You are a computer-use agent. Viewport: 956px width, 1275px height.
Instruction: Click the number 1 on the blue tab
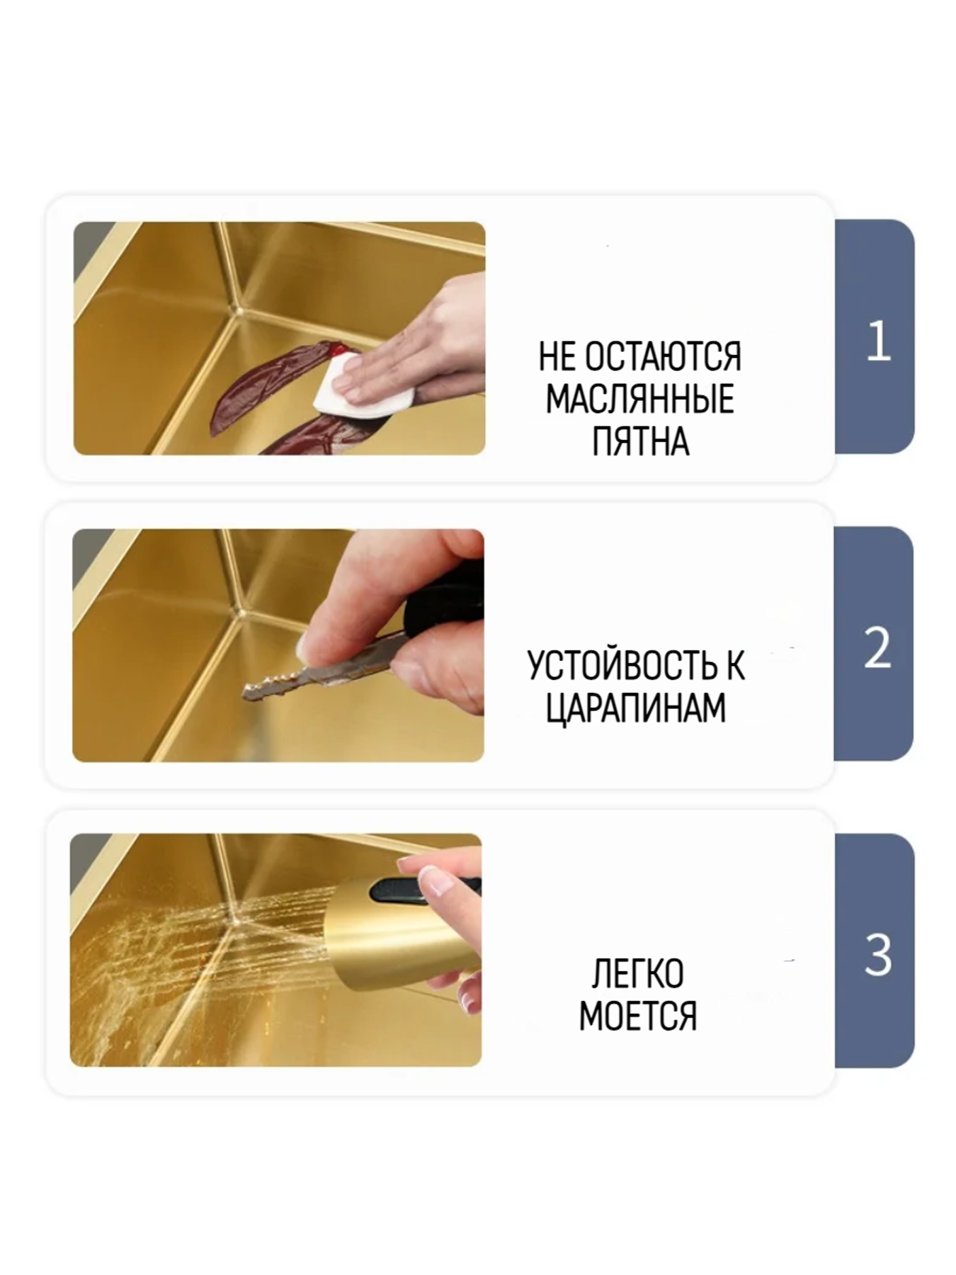coord(877,341)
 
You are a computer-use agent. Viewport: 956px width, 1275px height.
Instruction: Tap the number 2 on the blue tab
coord(877,647)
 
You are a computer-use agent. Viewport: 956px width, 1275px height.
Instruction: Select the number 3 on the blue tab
coord(877,955)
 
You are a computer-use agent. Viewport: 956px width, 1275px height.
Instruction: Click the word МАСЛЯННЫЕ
coord(639,399)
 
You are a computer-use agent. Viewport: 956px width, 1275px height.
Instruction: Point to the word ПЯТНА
coord(639,442)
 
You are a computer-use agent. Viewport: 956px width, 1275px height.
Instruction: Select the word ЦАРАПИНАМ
coord(636,708)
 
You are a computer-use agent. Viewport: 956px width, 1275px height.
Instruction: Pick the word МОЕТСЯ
coord(637,1016)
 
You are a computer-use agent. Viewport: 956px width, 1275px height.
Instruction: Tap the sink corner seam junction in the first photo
coord(239,310)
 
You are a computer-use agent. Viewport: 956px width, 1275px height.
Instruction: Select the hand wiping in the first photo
coord(418,347)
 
